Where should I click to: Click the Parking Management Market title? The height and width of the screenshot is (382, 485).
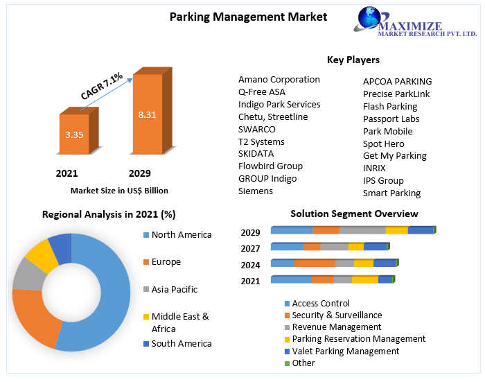point(248,17)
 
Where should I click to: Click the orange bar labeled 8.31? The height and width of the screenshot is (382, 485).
point(147,114)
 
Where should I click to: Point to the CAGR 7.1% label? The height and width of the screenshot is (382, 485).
point(102,87)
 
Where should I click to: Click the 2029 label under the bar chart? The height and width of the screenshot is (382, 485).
point(139,173)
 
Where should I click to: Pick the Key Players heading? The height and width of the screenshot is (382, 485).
point(353,60)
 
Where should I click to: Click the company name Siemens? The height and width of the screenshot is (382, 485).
point(255,191)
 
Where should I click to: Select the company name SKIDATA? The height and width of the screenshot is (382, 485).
point(256,153)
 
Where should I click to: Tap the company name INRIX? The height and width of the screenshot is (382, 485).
point(374,168)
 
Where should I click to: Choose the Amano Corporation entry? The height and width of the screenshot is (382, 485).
point(279,79)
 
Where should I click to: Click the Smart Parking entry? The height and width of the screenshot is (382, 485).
point(391,193)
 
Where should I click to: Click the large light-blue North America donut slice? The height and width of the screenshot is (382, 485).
point(104,291)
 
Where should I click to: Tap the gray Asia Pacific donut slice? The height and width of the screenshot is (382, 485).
point(26,273)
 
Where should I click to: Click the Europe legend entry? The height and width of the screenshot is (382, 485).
point(166,262)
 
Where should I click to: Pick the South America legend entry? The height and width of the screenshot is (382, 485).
point(181,343)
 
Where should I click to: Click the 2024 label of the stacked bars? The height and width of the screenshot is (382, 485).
point(250,265)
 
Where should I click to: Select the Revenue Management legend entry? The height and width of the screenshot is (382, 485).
point(336,327)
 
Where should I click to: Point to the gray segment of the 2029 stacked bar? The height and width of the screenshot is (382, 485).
point(362,230)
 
